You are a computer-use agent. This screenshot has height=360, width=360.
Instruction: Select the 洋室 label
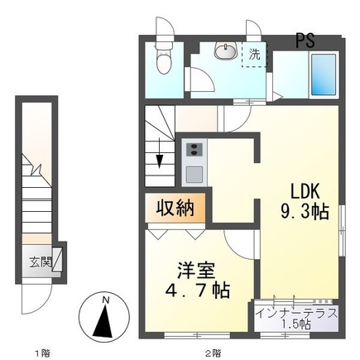click(196, 271)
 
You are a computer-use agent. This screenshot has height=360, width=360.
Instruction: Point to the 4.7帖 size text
click(196, 291)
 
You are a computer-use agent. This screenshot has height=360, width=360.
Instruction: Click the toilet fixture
click(164, 60)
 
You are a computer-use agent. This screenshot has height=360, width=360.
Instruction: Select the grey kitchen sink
click(195, 174)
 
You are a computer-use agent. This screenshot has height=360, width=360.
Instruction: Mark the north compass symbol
click(103, 319)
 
